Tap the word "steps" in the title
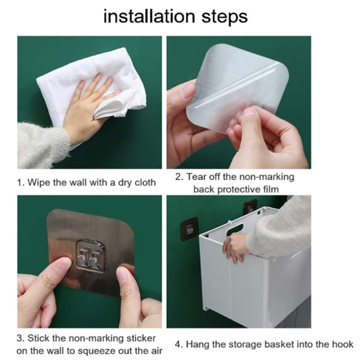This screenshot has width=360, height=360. (225, 17)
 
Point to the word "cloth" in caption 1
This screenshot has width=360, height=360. (145, 183)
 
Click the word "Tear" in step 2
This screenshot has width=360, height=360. (195, 177)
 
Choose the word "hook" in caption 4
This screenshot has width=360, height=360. (343, 345)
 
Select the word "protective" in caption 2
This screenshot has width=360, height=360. (238, 190)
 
